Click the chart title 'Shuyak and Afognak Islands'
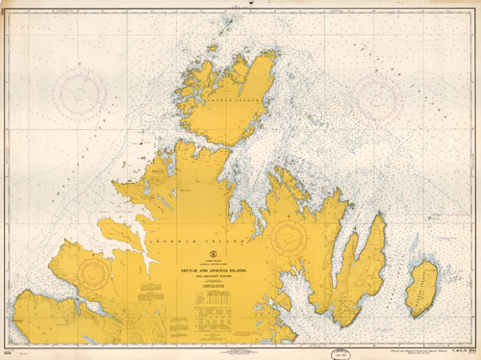[209, 272]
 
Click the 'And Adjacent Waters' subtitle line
[209, 278]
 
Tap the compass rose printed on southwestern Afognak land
[94, 276]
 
